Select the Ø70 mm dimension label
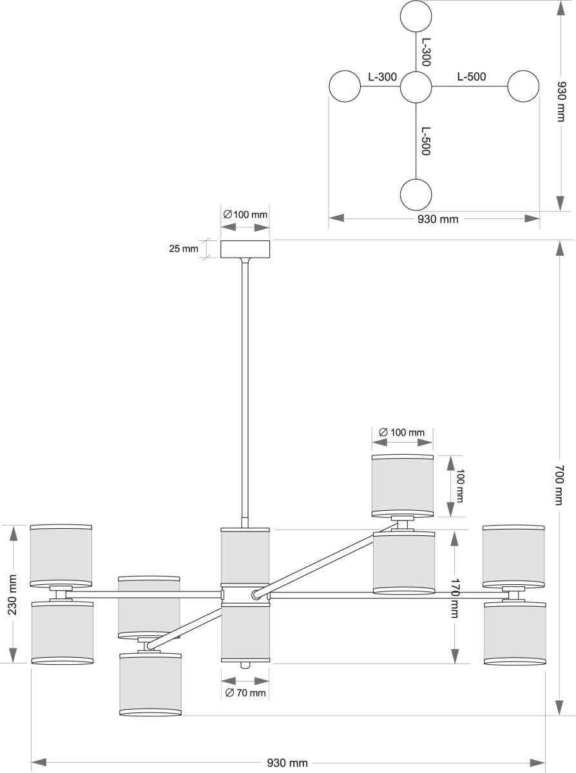coord(245,693)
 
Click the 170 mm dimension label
coord(454,598)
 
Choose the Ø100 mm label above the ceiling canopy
coord(245,215)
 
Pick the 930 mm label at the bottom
coord(287,763)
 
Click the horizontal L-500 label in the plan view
coord(472,77)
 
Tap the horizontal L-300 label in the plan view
coord(382,77)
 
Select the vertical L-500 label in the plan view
coord(425,140)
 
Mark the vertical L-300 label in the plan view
coord(425,52)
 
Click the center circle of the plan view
coord(416,88)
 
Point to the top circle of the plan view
coord(416,17)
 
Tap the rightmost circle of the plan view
coord(523,86)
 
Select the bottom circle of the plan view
coord(416,195)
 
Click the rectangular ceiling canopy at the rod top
coord(245,249)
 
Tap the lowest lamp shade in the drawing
coord(150,684)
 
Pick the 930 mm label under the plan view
coord(438,219)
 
